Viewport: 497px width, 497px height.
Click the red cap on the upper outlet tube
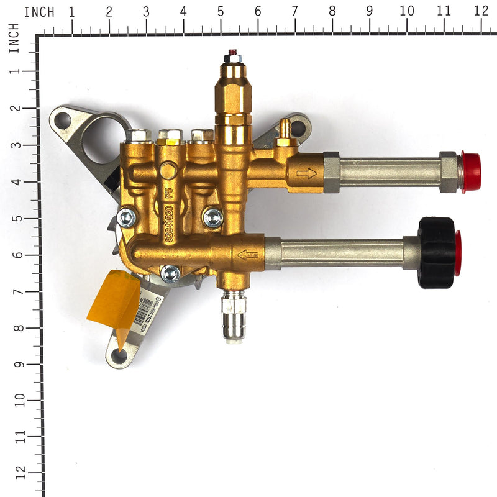coord(470,172)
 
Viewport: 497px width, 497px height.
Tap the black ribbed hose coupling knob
coord(436,253)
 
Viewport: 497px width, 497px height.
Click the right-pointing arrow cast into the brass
coord(306,173)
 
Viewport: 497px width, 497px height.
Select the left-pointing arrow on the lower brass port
coord(247,255)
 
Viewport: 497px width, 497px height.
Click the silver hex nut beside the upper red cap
coord(449,172)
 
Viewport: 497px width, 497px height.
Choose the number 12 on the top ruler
coord(480,11)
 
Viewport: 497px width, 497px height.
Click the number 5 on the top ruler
coord(221,11)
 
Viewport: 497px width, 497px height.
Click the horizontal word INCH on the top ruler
coord(39,12)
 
